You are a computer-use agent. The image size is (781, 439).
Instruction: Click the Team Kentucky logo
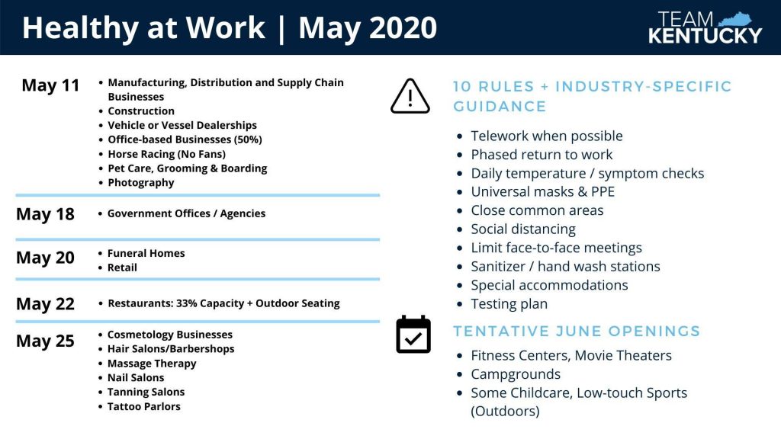(x=705, y=27)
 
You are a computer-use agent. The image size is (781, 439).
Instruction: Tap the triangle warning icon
(x=410, y=96)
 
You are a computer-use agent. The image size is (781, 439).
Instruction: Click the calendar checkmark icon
(x=413, y=335)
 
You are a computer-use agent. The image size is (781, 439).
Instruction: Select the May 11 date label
(x=50, y=85)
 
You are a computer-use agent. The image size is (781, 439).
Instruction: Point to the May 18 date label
(x=45, y=214)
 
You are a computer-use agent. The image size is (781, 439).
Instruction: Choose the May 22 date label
(x=45, y=303)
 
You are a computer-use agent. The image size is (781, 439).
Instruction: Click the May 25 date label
(x=45, y=341)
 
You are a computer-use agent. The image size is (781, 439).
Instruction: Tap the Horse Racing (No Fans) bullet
(x=166, y=154)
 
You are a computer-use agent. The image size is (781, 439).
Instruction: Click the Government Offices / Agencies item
(x=186, y=213)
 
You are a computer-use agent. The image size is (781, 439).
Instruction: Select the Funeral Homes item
(x=146, y=253)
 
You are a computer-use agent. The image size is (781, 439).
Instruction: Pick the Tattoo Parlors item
(x=144, y=407)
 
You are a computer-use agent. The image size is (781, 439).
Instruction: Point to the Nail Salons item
(x=136, y=378)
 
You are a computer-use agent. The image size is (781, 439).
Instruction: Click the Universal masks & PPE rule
(x=542, y=191)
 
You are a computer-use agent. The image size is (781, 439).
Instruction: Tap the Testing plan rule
(x=509, y=303)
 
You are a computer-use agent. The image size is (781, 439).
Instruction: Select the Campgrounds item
(x=516, y=374)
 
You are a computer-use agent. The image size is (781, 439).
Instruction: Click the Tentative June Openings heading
(x=577, y=331)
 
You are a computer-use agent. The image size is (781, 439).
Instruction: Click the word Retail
(x=122, y=268)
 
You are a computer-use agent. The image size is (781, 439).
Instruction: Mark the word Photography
(x=141, y=183)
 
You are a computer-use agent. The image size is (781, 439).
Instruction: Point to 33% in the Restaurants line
(x=186, y=303)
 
